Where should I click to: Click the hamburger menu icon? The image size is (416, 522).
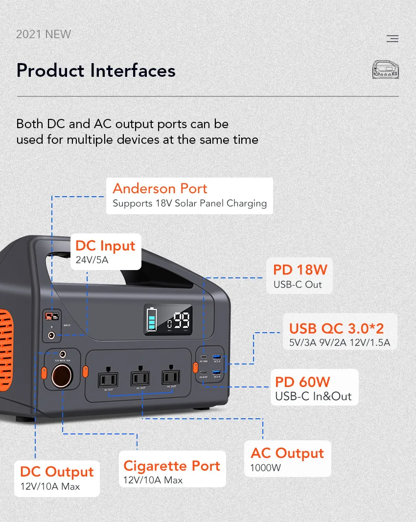(392, 39)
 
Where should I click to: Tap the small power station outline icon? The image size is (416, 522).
(386, 69)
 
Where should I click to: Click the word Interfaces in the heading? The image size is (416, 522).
(132, 70)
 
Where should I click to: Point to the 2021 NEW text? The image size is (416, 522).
(44, 34)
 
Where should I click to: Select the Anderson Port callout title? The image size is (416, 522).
(160, 188)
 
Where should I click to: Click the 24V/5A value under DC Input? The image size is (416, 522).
(92, 260)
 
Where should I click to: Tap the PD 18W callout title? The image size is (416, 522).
(300, 270)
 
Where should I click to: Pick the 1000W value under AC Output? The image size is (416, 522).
(266, 467)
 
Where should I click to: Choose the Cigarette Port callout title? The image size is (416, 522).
(172, 466)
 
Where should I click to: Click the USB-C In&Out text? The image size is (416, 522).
(313, 396)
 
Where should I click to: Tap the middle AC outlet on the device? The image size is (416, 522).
(140, 378)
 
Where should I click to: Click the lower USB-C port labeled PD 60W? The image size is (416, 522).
(204, 373)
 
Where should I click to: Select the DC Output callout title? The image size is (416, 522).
(57, 472)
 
